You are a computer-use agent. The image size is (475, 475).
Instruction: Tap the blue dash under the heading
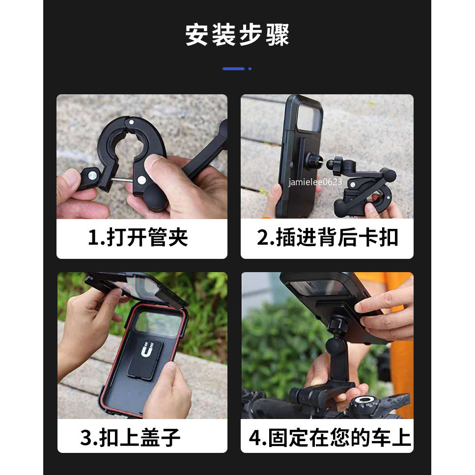point(233,69)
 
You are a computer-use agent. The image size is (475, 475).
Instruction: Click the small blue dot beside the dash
point(250,69)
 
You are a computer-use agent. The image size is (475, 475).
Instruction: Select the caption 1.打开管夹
point(138,237)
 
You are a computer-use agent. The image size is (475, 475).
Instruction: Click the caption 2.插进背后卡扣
point(327,237)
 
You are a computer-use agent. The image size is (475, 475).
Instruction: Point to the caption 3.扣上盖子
point(130,437)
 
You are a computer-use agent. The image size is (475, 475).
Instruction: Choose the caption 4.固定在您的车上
point(330,437)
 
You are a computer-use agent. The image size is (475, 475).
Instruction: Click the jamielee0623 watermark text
point(315,182)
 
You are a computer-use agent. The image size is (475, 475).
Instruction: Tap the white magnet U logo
point(147,350)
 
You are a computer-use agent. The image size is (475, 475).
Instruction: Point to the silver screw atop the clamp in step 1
point(131,122)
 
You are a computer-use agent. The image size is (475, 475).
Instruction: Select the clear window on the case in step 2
point(309,117)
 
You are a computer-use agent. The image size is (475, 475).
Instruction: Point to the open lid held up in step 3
point(137,286)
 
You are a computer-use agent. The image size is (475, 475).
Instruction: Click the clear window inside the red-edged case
point(159,325)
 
